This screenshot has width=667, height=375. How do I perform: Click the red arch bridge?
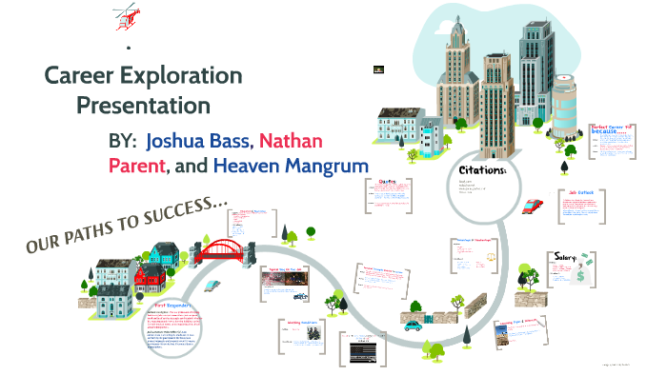click(224, 249)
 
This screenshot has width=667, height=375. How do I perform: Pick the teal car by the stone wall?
click(413, 324)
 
